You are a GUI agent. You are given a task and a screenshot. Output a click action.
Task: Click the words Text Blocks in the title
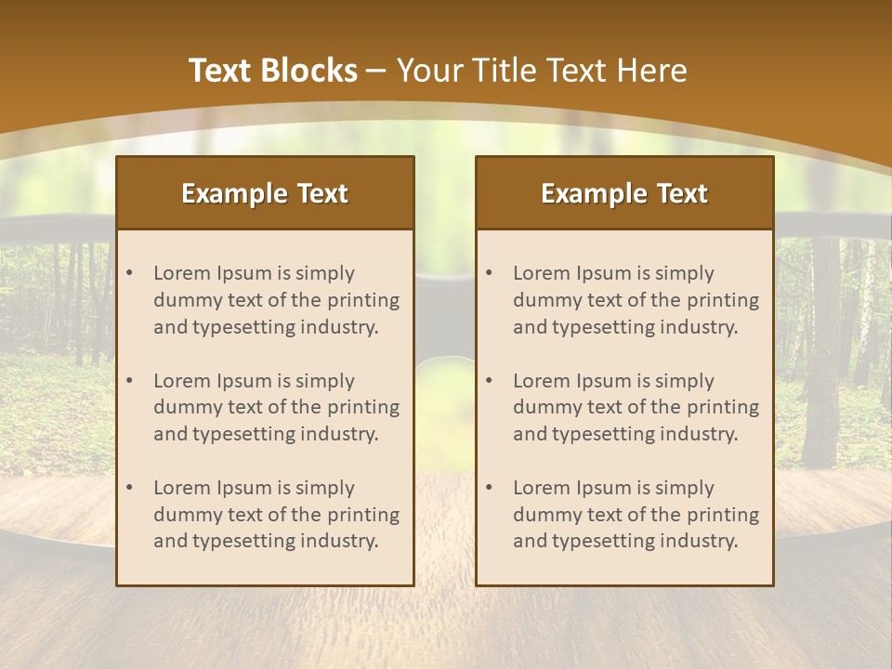(272, 71)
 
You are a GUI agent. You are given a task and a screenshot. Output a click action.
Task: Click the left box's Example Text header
(265, 193)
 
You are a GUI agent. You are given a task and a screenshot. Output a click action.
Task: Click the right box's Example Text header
(624, 193)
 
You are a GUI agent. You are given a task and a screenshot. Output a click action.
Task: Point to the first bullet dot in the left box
(130, 273)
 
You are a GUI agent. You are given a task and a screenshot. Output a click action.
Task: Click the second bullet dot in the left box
(130, 381)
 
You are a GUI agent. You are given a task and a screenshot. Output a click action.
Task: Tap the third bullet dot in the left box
(130, 488)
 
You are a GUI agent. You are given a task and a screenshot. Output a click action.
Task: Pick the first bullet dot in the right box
(490, 273)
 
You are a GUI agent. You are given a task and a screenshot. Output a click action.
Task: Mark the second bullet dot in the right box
(490, 381)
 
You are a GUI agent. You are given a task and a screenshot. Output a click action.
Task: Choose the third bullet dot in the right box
(490, 488)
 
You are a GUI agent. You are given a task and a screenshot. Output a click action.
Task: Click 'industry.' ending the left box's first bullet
(340, 327)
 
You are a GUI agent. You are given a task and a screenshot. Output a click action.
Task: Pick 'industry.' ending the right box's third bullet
(700, 542)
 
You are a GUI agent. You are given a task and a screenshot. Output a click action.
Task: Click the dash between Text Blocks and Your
(377, 71)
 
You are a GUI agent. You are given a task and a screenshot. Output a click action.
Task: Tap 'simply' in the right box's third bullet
(685, 488)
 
